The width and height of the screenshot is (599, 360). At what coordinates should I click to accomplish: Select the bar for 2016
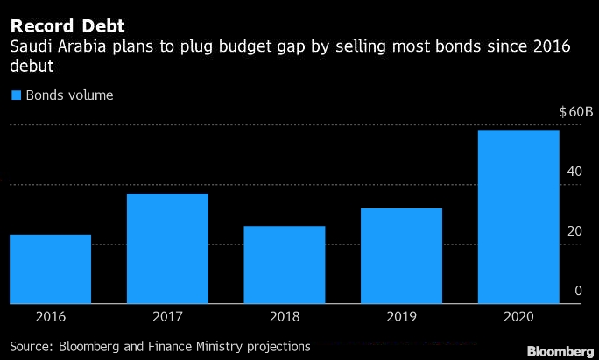point(51,269)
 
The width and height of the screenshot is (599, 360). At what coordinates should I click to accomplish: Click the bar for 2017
point(167,249)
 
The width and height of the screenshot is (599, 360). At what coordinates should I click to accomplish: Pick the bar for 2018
point(285,265)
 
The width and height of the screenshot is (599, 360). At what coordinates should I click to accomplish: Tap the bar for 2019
point(401,256)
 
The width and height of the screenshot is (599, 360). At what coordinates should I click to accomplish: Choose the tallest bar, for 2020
point(518,216)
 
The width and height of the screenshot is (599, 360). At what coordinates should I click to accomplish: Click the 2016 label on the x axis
point(51,318)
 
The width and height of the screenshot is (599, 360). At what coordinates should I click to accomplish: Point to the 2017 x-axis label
point(167,318)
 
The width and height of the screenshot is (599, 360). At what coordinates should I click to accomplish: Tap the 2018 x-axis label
point(285,318)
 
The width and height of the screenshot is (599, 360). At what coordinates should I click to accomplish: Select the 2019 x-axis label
point(401,318)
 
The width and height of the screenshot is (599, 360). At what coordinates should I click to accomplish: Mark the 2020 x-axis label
point(518,318)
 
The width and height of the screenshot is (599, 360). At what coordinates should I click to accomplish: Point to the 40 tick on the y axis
point(574,172)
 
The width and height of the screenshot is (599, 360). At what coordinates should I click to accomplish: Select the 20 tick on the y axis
point(574,231)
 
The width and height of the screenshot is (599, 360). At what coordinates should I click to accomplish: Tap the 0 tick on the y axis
point(578,291)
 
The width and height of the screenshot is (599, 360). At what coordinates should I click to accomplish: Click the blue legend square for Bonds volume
point(15,95)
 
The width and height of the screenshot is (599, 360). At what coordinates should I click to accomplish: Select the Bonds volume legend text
point(69,95)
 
